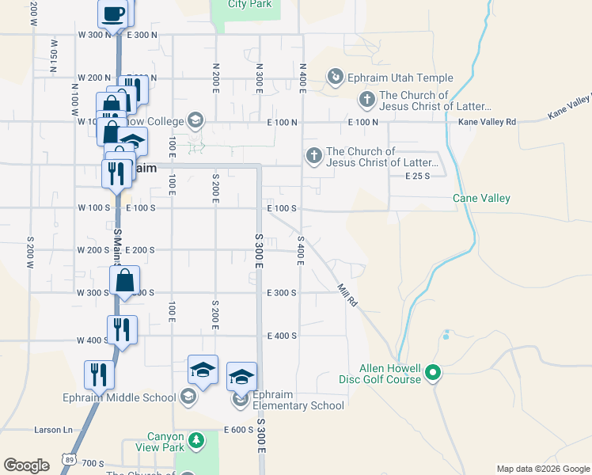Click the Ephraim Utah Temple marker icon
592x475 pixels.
336,77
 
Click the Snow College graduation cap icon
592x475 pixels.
195,121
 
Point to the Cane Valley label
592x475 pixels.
481,199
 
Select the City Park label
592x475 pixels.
249,4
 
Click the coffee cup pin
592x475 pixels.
113,13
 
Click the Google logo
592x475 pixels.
26,465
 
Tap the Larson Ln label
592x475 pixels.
53,430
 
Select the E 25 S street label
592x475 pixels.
416,177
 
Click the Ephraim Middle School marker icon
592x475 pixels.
188,397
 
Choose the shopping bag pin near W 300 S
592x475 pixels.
125,279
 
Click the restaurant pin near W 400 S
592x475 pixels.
122,329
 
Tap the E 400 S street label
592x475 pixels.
282,336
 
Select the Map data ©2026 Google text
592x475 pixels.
542,469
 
